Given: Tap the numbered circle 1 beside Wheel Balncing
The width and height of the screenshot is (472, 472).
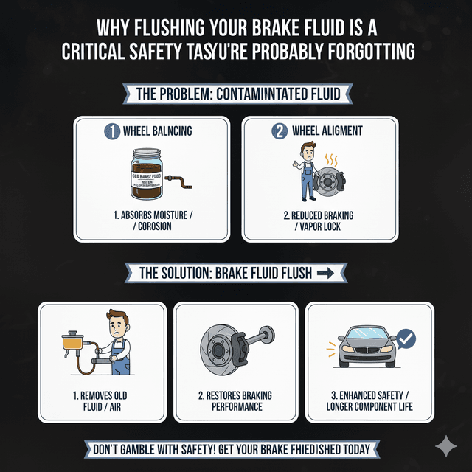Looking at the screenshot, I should click(111, 131).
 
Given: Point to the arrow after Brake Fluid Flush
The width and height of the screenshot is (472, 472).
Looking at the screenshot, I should click(324, 273).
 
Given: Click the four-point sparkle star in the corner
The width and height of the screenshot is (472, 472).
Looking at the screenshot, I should click(445, 446).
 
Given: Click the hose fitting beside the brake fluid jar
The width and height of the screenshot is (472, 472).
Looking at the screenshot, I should click(176, 180).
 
